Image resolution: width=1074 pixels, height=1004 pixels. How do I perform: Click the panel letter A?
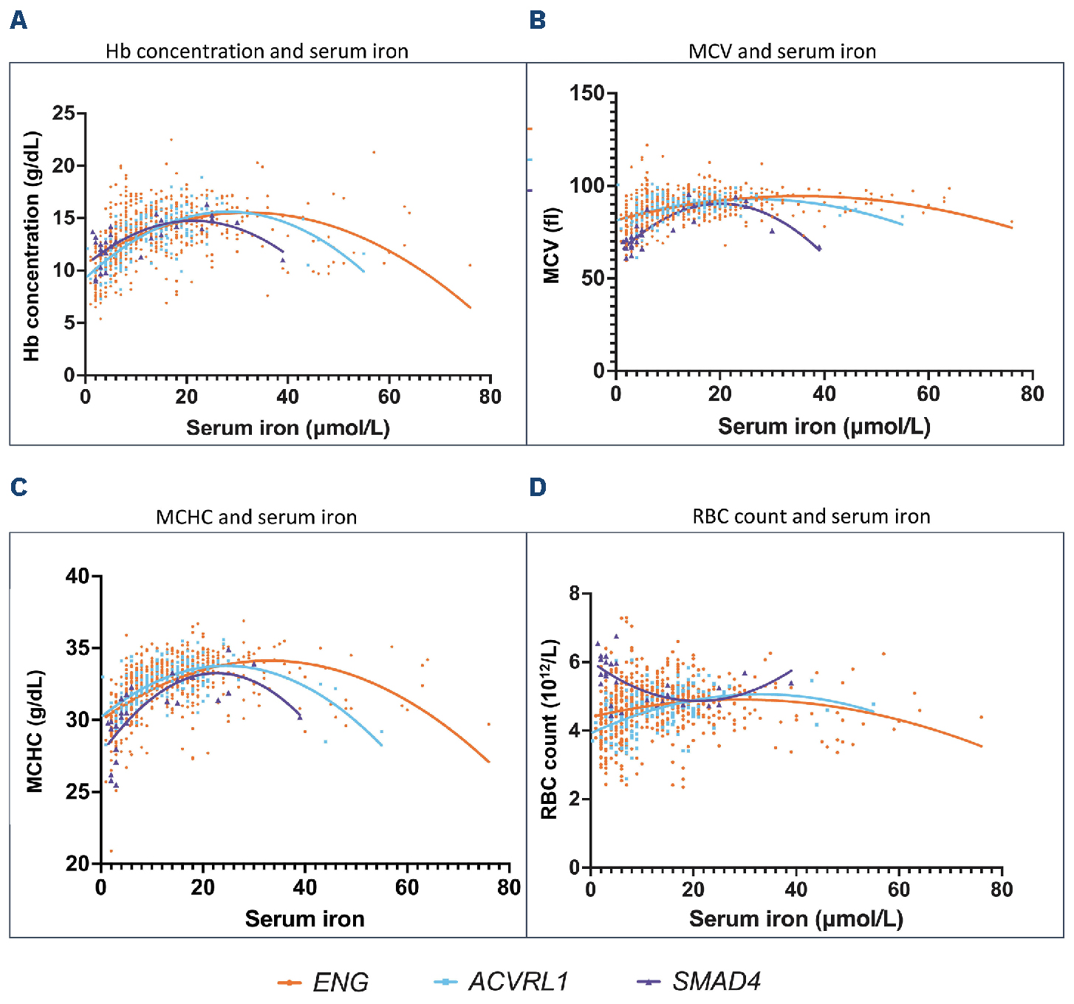[x=18, y=21]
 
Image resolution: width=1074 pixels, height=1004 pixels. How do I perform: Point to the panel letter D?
[x=538, y=487]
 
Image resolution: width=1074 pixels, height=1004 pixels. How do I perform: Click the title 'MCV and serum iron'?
[x=782, y=52]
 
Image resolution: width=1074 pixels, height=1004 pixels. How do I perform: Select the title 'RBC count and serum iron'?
[x=811, y=517]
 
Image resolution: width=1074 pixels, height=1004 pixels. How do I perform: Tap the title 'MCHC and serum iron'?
[x=256, y=518]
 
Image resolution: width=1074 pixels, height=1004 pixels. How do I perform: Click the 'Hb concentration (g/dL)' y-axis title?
[x=31, y=247]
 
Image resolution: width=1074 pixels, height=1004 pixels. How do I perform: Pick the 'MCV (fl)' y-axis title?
[x=551, y=247]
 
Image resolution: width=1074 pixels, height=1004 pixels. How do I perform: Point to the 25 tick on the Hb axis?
[x=64, y=113]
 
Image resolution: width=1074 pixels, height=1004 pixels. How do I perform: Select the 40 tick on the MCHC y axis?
[x=78, y=576]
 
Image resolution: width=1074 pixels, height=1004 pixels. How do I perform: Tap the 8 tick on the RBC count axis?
[x=575, y=593]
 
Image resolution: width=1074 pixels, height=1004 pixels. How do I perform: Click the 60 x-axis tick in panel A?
[x=389, y=397]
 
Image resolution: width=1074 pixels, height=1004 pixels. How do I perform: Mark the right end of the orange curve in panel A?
[x=471, y=308]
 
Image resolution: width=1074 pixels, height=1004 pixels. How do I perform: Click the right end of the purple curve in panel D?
[x=792, y=670]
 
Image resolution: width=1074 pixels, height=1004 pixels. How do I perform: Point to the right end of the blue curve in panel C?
[x=382, y=746]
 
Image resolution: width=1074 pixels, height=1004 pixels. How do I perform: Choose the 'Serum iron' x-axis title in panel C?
[x=304, y=919]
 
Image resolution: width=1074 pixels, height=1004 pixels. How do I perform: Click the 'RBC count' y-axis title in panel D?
[x=549, y=729]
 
